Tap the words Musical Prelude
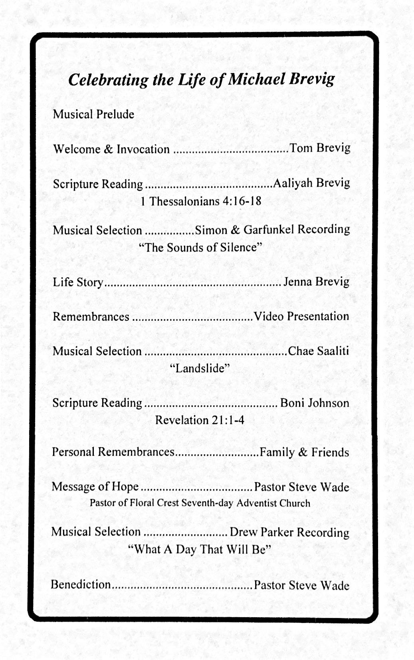pyautogui.click(x=93, y=115)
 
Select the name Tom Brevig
pyautogui.click(x=320, y=148)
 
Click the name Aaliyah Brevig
pyautogui.click(x=311, y=183)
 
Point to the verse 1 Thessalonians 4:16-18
pyautogui.click(x=201, y=201)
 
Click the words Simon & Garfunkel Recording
pyautogui.click(x=272, y=230)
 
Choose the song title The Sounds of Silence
pyautogui.click(x=200, y=247)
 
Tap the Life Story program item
pyautogui.click(x=78, y=282)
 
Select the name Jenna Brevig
pyautogui.click(x=316, y=282)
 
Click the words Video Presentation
pyautogui.click(x=301, y=316)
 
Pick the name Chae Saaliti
pyautogui.click(x=318, y=351)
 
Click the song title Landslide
pyautogui.click(x=200, y=368)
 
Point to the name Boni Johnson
pyautogui.click(x=315, y=403)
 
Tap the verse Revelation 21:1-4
pyautogui.click(x=200, y=420)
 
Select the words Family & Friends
pyautogui.click(x=304, y=452)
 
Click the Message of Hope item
pyautogui.click(x=95, y=487)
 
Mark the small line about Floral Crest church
pyautogui.click(x=200, y=503)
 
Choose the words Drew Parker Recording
pyautogui.click(x=289, y=533)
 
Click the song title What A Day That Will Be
pyautogui.click(x=200, y=550)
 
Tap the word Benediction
pyautogui.click(x=81, y=584)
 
